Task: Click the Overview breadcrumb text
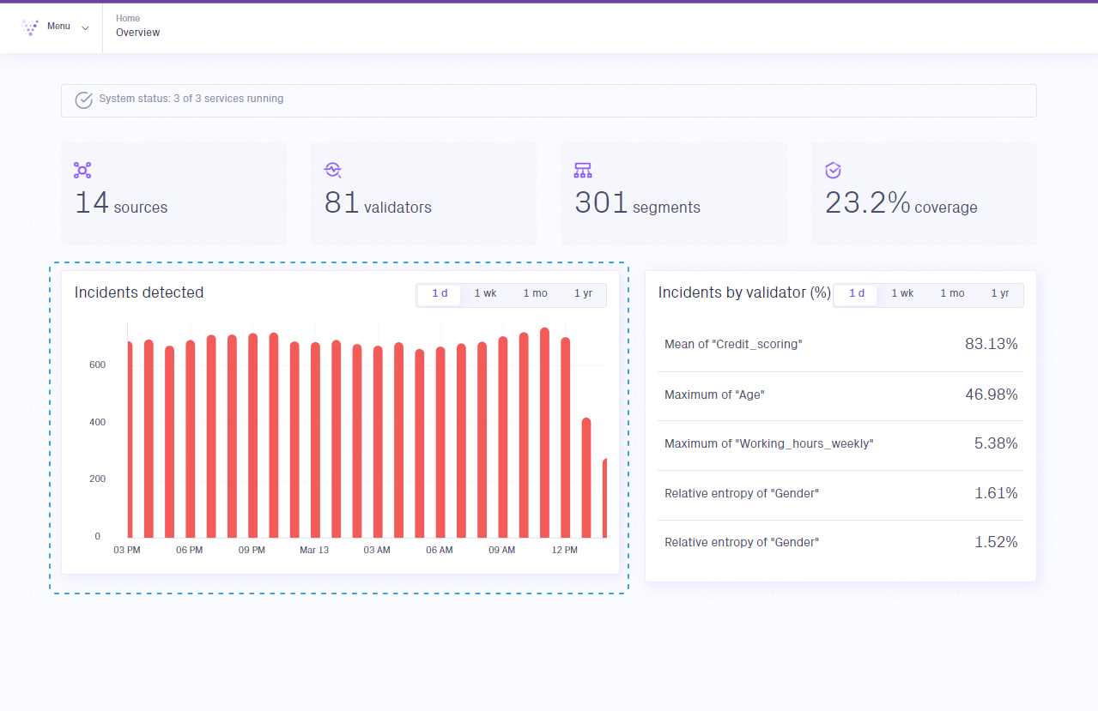(138, 33)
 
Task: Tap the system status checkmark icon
(83, 99)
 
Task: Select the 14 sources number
(92, 203)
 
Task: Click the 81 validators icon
(333, 170)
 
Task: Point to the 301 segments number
(601, 203)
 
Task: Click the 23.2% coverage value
(867, 203)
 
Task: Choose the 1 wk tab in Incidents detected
(485, 293)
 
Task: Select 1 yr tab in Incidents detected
(583, 293)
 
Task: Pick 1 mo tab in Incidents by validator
(952, 293)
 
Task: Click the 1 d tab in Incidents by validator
(857, 293)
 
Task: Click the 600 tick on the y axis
(97, 365)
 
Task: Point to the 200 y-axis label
(97, 479)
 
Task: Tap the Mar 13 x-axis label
(314, 550)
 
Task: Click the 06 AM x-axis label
(439, 550)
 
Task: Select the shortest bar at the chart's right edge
(604, 497)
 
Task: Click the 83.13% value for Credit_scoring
(991, 344)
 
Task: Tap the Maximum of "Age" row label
(714, 395)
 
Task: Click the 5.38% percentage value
(996, 443)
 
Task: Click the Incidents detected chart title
(139, 292)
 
